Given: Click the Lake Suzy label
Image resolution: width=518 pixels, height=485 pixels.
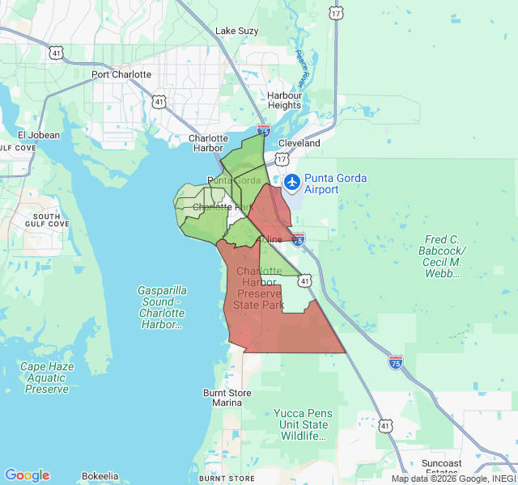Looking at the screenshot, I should (x=236, y=31).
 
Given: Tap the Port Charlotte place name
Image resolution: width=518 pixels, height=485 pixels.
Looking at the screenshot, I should (x=121, y=74).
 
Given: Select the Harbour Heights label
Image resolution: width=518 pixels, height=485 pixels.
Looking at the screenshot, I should (x=284, y=100).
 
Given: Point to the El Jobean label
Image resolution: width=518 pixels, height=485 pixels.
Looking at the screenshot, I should (x=39, y=135).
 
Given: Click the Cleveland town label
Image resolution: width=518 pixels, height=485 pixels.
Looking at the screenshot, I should (x=299, y=143).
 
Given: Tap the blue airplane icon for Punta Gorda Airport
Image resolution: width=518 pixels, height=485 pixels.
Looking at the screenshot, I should (x=291, y=181).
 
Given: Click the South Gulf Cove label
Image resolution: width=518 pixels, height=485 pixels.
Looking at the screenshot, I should (x=46, y=221).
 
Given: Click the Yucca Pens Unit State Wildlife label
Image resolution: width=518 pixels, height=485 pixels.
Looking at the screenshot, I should (x=304, y=424).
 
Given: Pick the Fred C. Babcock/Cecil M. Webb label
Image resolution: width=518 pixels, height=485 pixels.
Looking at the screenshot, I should (x=443, y=256).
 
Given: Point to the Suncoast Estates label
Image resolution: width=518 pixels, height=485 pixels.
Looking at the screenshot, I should (x=441, y=467).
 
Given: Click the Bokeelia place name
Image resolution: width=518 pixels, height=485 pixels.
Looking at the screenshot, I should (x=100, y=476).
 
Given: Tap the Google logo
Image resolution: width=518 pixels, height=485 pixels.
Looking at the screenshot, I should (x=27, y=475).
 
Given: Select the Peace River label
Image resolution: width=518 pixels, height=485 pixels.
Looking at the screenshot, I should (x=303, y=69).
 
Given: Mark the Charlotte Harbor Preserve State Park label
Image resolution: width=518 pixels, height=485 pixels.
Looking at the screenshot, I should (x=259, y=289).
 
